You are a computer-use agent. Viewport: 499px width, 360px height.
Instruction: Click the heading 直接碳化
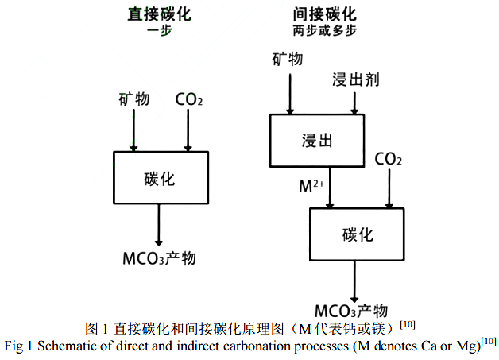159,14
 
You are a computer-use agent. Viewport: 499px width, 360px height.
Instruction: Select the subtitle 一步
159,31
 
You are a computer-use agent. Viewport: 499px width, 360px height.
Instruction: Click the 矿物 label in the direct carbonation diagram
133,99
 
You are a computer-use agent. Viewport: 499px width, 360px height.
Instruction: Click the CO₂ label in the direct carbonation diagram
188,99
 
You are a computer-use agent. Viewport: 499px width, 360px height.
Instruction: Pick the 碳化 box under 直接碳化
161,178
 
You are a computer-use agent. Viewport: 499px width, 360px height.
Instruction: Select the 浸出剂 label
354,79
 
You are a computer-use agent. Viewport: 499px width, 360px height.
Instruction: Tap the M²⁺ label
311,187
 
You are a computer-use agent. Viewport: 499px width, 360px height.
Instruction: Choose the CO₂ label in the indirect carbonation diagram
388,159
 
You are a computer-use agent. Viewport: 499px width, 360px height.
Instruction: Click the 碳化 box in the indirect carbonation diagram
357,234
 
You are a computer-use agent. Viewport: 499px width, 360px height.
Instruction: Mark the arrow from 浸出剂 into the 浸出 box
354,102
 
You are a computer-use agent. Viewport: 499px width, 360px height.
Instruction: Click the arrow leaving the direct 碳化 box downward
160,224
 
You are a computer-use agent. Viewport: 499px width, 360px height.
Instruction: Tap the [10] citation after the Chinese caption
407,324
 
